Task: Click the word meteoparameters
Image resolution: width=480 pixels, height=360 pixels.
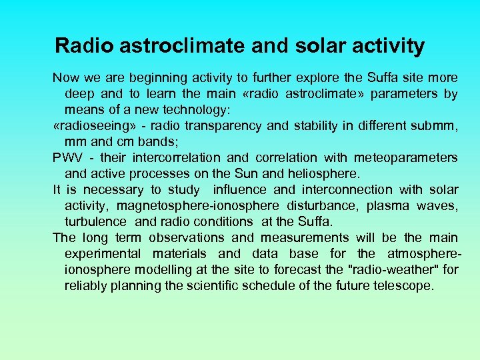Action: click(405, 157)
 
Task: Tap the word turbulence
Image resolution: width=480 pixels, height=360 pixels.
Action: click(95, 221)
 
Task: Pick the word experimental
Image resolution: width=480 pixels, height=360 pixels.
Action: click(103, 253)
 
